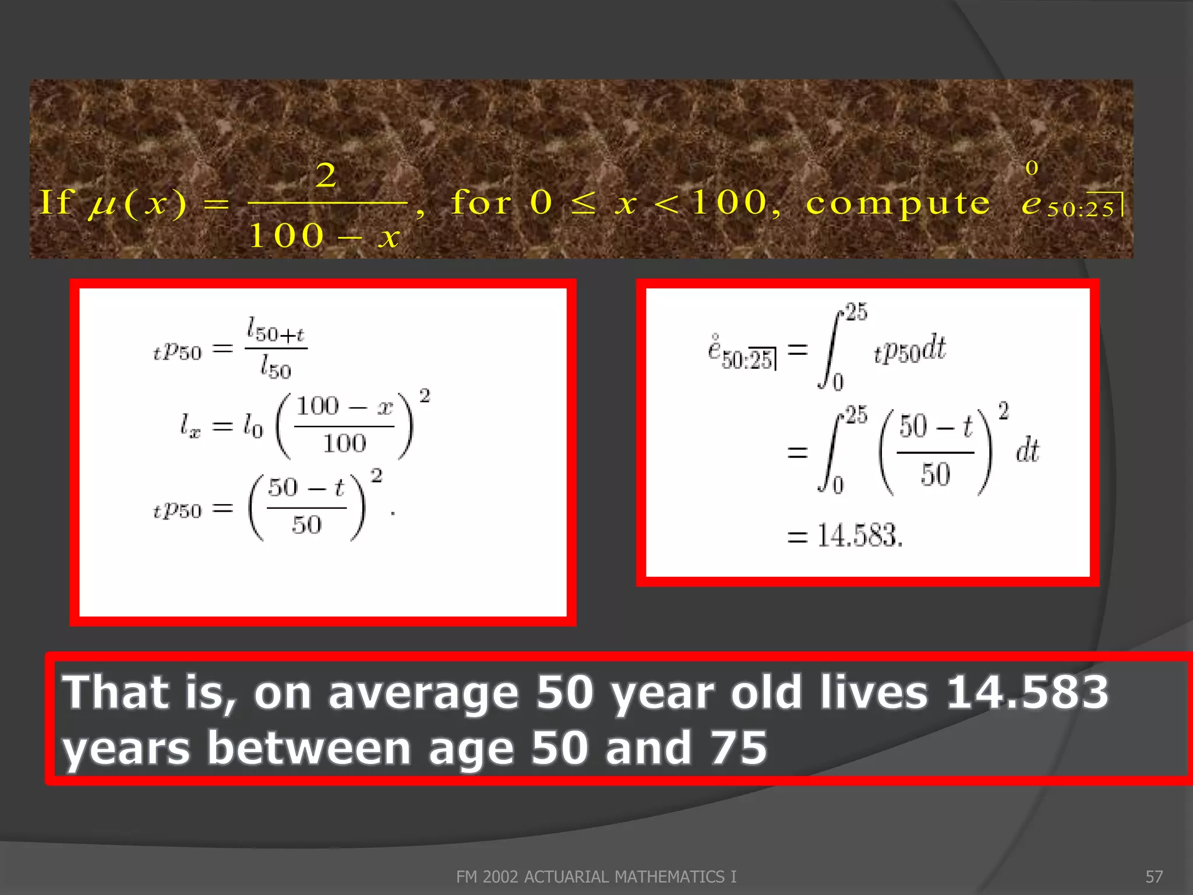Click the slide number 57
pyautogui.click(x=1154, y=876)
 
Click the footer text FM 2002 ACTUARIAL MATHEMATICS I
pyautogui.click(x=596, y=876)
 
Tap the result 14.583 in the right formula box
pyautogui.click(x=859, y=535)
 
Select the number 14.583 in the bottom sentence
pyautogui.click(x=1027, y=692)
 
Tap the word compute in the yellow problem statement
pyautogui.click(x=898, y=203)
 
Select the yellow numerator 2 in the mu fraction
pyautogui.click(x=326, y=175)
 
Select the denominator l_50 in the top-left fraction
pyautogui.click(x=276, y=368)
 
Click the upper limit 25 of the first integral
pyautogui.click(x=856, y=312)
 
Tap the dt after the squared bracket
pyautogui.click(x=1028, y=450)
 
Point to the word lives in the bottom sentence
pyautogui.click(x=873, y=692)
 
